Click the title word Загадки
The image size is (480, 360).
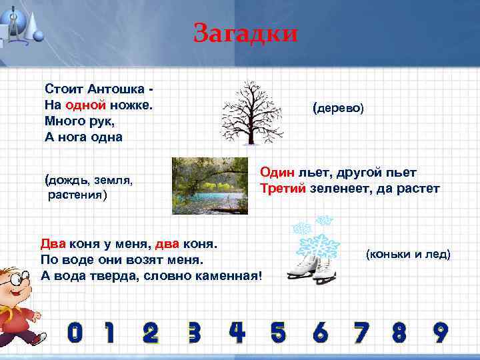(245, 32)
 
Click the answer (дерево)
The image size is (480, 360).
(338, 107)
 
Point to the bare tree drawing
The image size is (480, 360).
(252, 112)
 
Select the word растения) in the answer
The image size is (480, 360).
(77, 195)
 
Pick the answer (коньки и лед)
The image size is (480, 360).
(407, 254)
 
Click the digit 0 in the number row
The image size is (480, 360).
(75, 331)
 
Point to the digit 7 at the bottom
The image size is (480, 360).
(361, 331)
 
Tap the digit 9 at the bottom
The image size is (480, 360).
(440, 331)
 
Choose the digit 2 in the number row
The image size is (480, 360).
(151, 331)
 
